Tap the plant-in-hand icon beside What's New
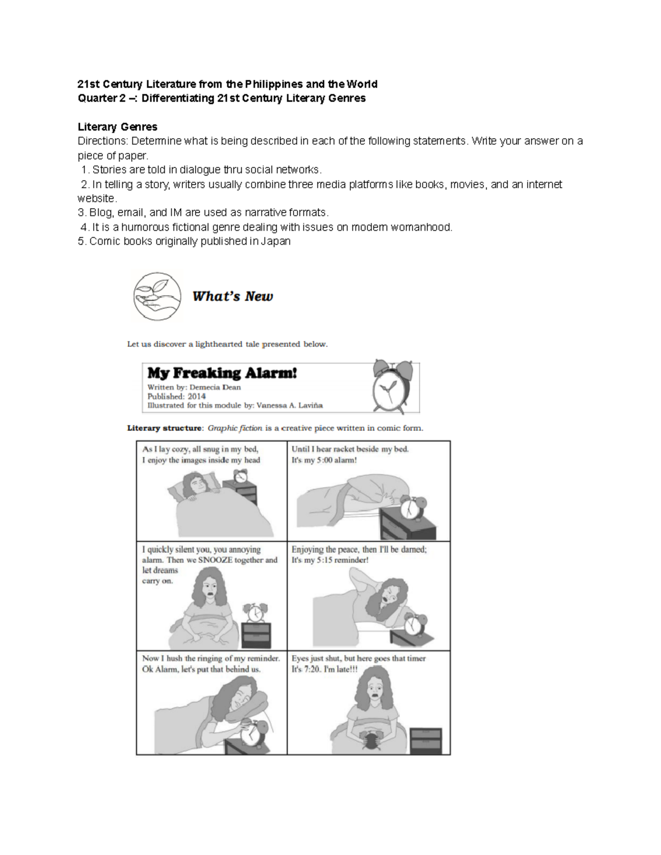click(x=157, y=296)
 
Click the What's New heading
click(x=232, y=296)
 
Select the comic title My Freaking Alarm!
click(x=222, y=373)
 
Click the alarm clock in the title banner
click(x=392, y=385)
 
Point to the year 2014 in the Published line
click(x=197, y=396)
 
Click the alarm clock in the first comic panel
click(x=241, y=476)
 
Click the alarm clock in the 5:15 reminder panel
click(x=413, y=623)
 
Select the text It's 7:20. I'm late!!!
click(x=324, y=669)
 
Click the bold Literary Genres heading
click(x=117, y=127)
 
